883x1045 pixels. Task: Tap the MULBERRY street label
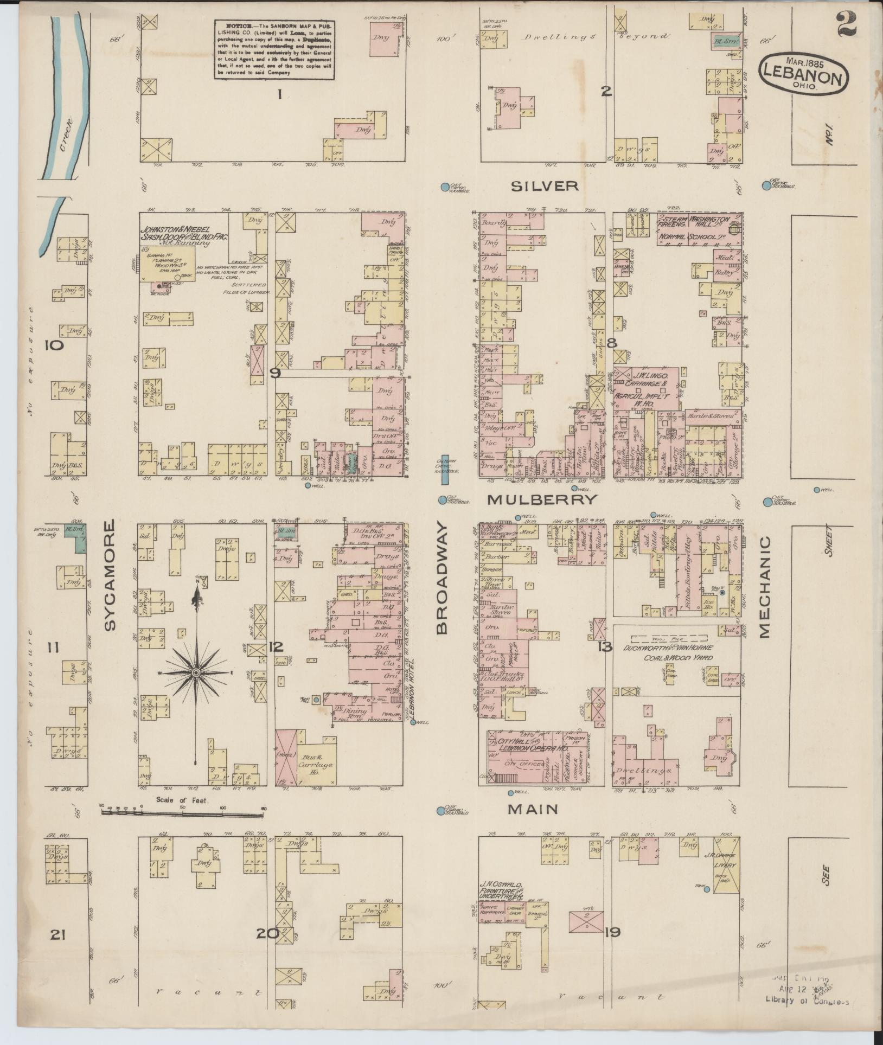pyautogui.click(x=542, y=499)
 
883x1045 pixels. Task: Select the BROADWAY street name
pyautogui.click(x=442, y=578)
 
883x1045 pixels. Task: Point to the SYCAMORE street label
pyautogui.click(x=111, y=575)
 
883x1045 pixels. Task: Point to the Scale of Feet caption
pyautogui.click(x=182, y=799)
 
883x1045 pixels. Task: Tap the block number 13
pyautogui.click(x=604, y=646)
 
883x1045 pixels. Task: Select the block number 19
pyautogui.click(x=612, y=932)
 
